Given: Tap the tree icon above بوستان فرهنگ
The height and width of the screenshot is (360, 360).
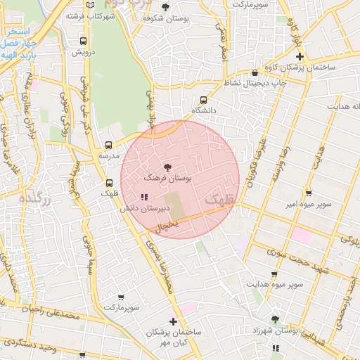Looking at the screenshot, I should coord(167,167).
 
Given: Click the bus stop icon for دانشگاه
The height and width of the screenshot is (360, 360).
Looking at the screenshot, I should coord(203,100).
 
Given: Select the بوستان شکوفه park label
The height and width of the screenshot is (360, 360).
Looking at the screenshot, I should coord(165,19).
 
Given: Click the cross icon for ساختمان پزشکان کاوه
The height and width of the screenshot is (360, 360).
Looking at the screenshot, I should coord(300,56).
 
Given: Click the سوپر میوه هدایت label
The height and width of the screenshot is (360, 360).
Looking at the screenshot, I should coord(274,285).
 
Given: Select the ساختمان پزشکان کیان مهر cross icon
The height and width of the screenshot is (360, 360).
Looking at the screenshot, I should coord(174,321).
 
